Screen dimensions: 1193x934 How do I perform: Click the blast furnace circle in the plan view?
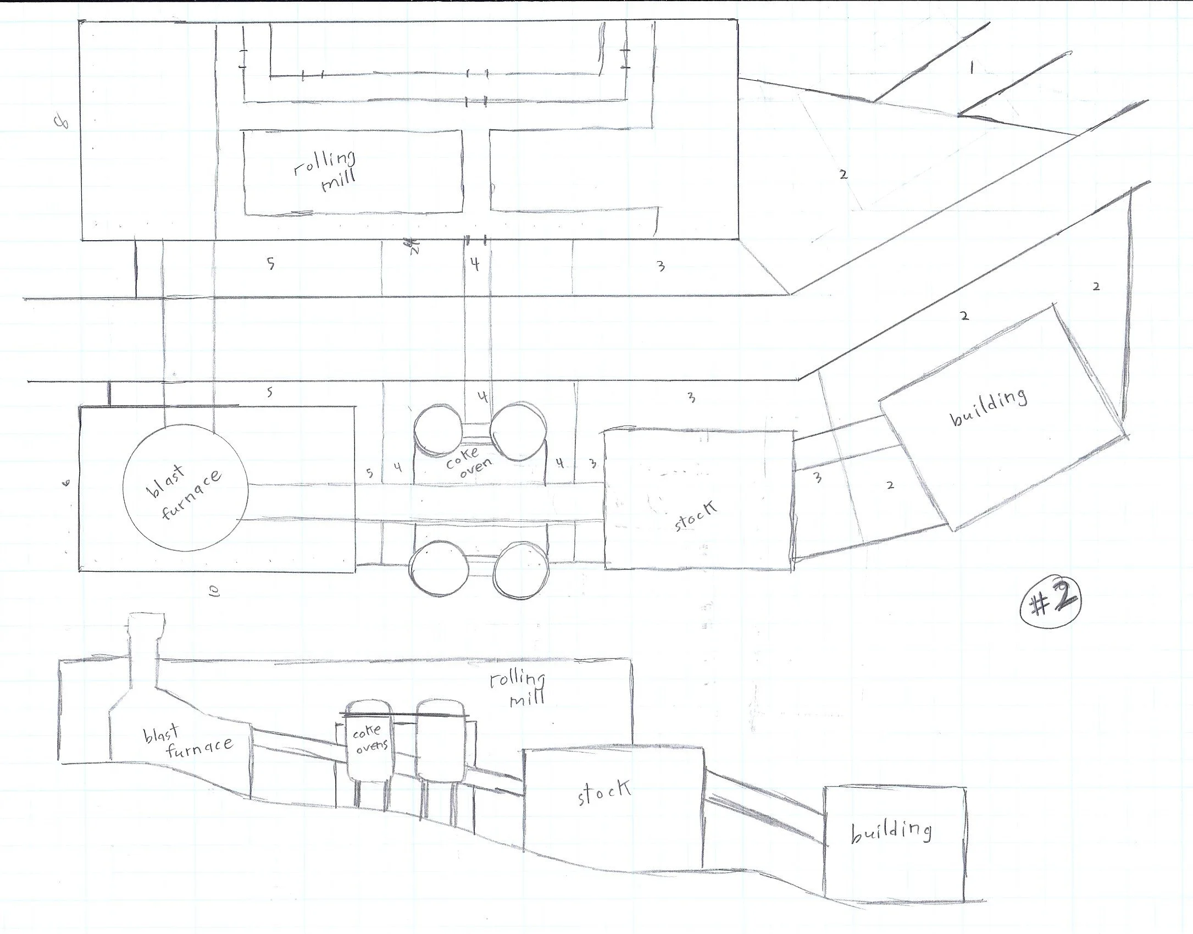click(x=186, y=488)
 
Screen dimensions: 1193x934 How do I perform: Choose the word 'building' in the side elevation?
click(x=891, y=832)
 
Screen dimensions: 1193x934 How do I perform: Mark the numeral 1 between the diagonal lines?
click(x=971, y=68)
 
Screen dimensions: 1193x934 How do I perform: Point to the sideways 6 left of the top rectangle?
click(x=63, y=123)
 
